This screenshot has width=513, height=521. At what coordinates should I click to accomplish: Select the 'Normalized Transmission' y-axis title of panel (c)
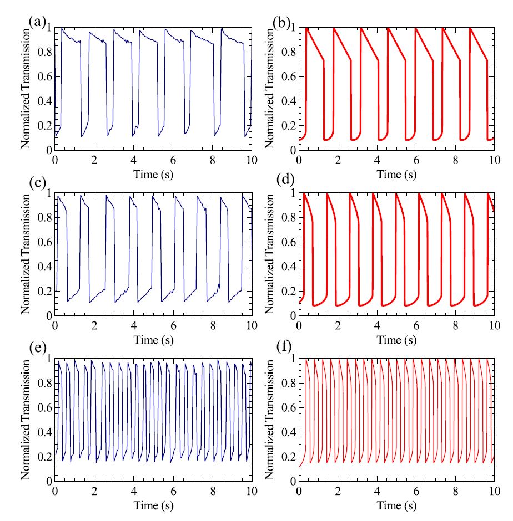[26, 254]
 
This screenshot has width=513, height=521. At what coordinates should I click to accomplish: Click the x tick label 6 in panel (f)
[416, 491]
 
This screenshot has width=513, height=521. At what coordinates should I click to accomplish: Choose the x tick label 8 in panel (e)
[212, 491]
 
